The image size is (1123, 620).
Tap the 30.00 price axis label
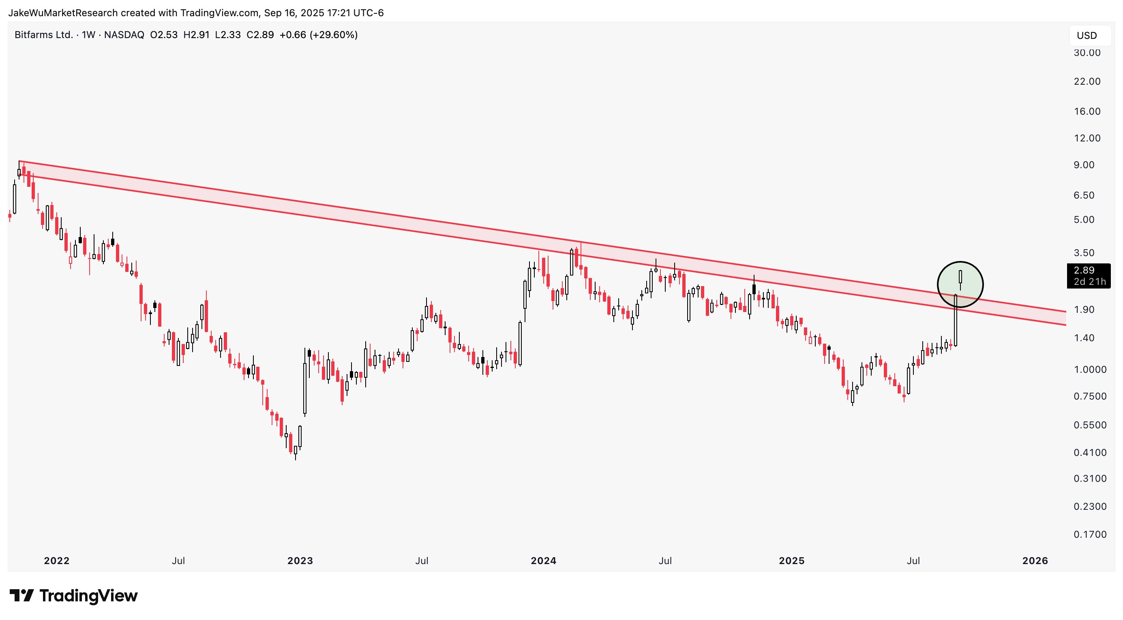click(1087, 53)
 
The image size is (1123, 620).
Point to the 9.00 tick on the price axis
click(1087, 165)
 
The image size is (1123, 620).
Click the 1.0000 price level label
click(1090, 370)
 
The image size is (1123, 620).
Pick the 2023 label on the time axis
click(300, 561)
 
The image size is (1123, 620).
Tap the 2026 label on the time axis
click(1035, 561)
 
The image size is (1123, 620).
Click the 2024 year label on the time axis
click(543, 561)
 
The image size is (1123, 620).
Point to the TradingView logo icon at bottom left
click(21, 596)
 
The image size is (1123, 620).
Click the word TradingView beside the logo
click(88, 596)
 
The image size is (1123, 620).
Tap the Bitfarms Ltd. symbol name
click(44, 35)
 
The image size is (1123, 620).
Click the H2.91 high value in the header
click(196, 35)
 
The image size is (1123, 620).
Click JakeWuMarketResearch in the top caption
click(63, 13)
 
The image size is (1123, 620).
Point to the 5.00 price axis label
click(1087, 220)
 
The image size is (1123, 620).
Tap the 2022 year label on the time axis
click(57, 561)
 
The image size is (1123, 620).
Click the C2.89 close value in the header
click(260, 35)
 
